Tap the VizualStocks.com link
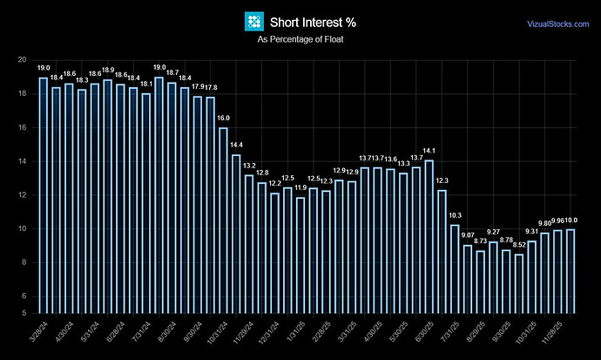[557, 24]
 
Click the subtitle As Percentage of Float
[300, 40]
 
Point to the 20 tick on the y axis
[22, 60]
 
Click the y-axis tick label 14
[22, 161]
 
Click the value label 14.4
[236, 145]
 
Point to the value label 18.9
[108, 70]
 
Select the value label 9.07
[468, 235]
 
